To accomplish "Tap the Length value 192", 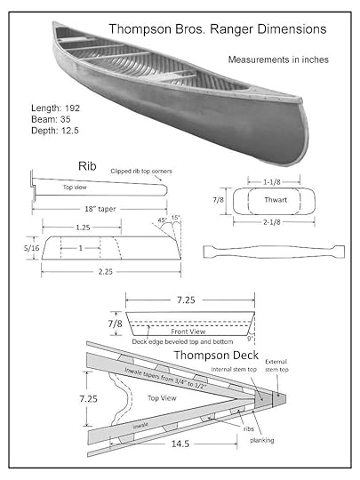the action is pyautogui.click(x=72, y=108).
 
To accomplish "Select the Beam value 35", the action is pyautogui.click(x=65, y=119).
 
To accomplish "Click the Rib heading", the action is pyautogui.click(x=87, y=166).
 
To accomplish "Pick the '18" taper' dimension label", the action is pyautogui.click(x=100, y=209).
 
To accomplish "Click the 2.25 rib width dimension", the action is pyautogui.click(x=105, y=271).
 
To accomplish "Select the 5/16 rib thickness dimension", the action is pyautogui.click(x=32, y=248).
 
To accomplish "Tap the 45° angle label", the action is pyautogui.click(x=163, y=220).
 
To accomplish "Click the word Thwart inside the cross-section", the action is pyautogui.click(x=276, y=200).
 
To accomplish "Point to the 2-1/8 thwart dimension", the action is pyautogui.click(x=272, y=222).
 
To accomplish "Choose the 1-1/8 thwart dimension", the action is pyautogui.click(x=272, y=182).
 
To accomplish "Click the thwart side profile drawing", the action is pyautogui.click(x=274, y=252).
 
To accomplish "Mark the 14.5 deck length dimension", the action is pyautogui.click(x=180, y=444).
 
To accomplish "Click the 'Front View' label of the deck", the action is pyautogui.click(x=188, y=332).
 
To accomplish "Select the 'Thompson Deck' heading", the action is pyautogui.click(x=216, y=355).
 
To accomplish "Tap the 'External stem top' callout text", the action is pyautogui.click(x=276, y=365).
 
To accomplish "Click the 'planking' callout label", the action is pyautogui.click(x=262, y=440).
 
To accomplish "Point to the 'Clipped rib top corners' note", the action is pyautogui.click(x=141, y=172).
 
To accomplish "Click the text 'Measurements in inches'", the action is pyautogui.click(x=278, y=60).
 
